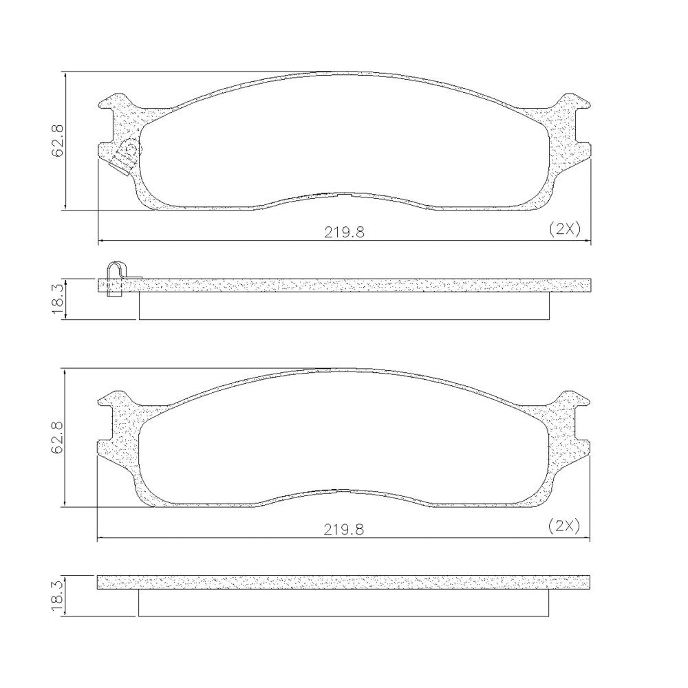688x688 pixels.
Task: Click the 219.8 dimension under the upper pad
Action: (x=344, y=232)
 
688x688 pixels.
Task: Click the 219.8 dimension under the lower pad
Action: (x=344, y=530)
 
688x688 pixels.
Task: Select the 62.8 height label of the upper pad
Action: (x=58, y=140)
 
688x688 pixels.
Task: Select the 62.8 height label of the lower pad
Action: (x=58, y=438)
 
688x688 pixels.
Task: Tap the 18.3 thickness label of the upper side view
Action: (x=58, y=299)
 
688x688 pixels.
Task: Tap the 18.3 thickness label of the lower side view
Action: (x=58, y=596)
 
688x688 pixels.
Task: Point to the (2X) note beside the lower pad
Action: (x=564, y=526)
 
